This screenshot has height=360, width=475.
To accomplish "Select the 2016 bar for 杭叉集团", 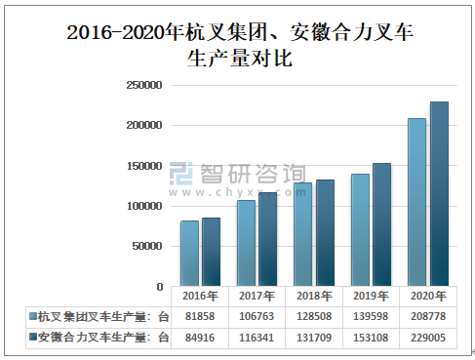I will (x=189, y=254).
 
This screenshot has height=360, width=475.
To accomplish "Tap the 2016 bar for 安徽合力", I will (x=211, y=252).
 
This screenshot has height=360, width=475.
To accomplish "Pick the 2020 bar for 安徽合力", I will (x=439, y=195).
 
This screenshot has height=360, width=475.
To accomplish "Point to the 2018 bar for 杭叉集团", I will (x=302, y=235).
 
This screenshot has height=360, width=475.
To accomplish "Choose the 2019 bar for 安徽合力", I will (x=381, y=225).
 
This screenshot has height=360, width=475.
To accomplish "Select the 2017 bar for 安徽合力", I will (x=267, y=240).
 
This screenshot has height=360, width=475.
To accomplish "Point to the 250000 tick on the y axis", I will (x=143, y=85).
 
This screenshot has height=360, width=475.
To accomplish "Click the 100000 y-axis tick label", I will (x=143, y=207).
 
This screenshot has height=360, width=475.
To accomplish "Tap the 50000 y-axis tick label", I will (x=146, y=247).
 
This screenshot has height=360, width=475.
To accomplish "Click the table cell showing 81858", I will (x=199, y=316).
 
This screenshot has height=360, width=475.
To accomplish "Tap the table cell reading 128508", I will (x=313, y=316).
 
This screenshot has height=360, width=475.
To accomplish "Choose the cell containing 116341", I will (x=256, y=337).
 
